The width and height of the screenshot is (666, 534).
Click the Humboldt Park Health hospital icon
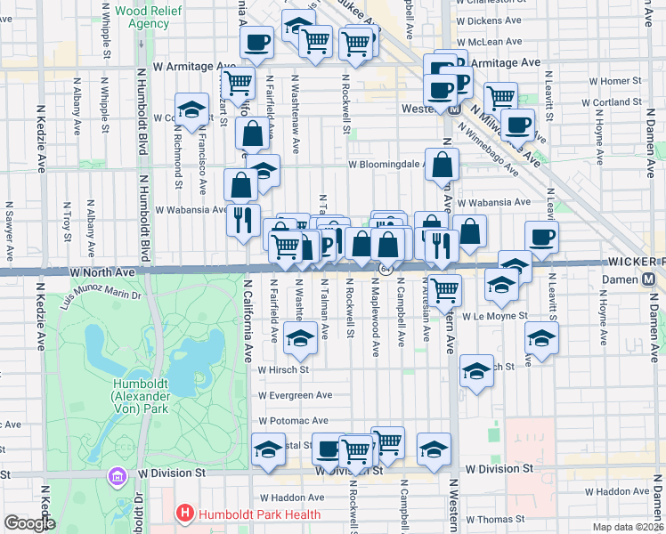pos(185,514)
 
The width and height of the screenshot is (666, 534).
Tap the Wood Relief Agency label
pos(136,17)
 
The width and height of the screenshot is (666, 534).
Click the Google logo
pos(28,523)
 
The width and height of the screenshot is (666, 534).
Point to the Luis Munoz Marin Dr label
pos(102,290)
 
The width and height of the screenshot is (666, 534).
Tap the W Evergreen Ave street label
pos(295,395)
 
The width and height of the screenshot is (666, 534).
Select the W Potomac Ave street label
pos(293,420)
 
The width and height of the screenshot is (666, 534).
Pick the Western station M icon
pos(453,109)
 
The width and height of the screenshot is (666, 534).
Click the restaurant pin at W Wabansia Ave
pos(243,219)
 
